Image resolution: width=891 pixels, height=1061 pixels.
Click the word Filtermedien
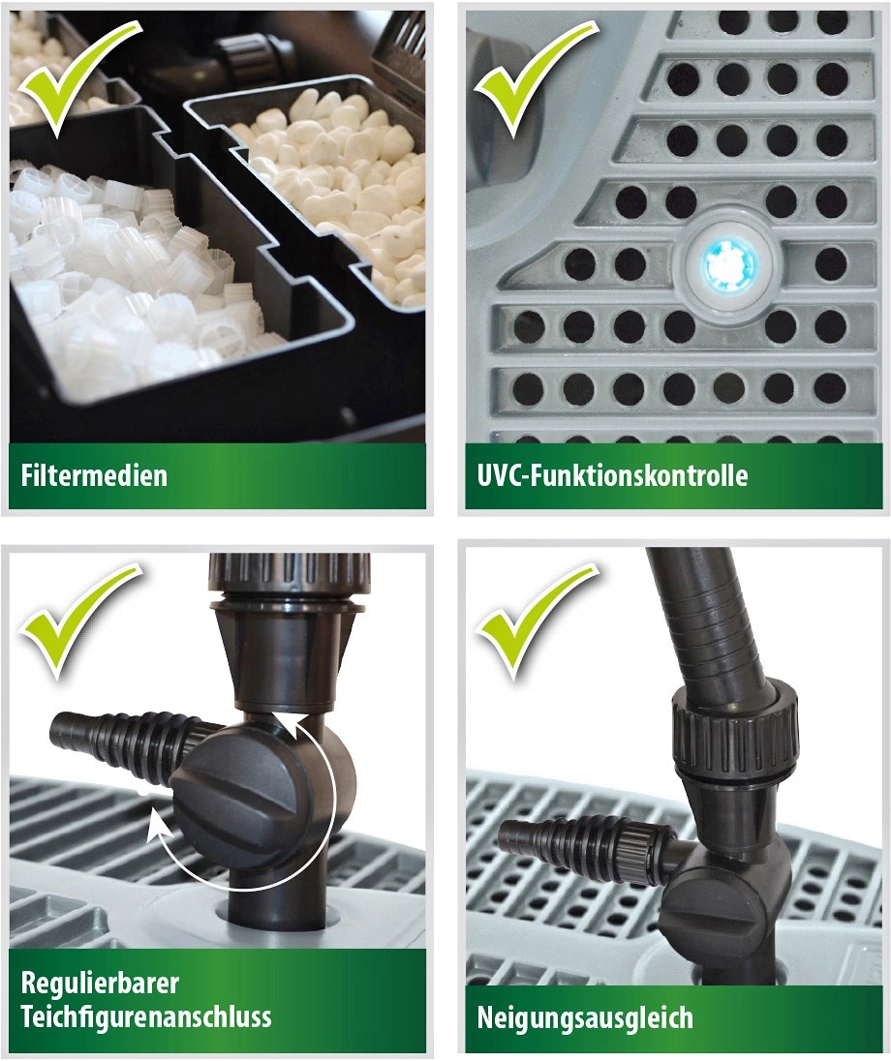pos(94,475)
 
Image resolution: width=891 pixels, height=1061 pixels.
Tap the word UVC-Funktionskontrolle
pos(612,475)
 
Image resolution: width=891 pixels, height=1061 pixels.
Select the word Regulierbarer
pos(100,984)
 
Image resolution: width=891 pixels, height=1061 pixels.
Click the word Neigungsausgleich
pos(585,1017)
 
